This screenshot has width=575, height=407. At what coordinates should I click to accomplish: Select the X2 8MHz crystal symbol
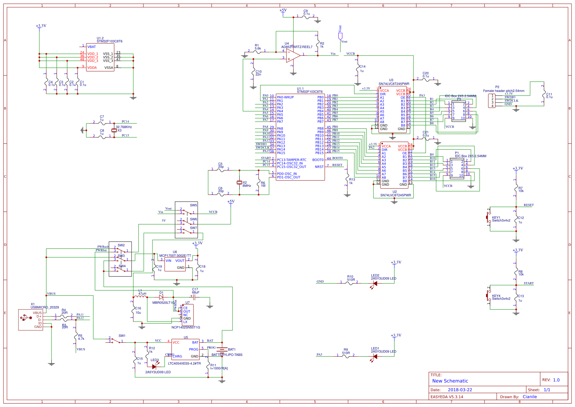(239, 183)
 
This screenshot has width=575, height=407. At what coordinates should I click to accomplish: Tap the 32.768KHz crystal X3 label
(124, 127)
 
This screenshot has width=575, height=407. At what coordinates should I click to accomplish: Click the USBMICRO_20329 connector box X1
(31, 320)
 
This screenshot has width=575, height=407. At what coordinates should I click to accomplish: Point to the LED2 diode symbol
(375, 284)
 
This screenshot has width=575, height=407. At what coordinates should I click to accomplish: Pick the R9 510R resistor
(346, 356)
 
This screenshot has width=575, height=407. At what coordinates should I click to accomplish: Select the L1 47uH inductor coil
(140, 297)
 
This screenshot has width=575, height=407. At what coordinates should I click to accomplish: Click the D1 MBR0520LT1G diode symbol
(161, 297)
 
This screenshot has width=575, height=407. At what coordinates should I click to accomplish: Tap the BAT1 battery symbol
(222, 349)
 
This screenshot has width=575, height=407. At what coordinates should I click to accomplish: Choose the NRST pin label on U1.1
(319, 167)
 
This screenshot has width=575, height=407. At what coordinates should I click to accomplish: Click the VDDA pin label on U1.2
(92, 67)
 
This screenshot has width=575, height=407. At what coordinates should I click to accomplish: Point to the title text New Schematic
(450, 381)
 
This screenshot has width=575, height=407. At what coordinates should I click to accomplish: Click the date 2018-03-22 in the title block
(460, 390)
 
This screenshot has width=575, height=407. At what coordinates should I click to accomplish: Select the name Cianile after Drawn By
(529, 397)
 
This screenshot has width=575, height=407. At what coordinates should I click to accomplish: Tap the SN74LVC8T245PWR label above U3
(394, 84)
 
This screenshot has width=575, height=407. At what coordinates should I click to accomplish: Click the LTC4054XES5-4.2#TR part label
(184, 364)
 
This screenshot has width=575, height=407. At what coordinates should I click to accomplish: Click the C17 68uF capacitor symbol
(194, 297)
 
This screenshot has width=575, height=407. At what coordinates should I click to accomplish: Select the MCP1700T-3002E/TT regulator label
(175, 256)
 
